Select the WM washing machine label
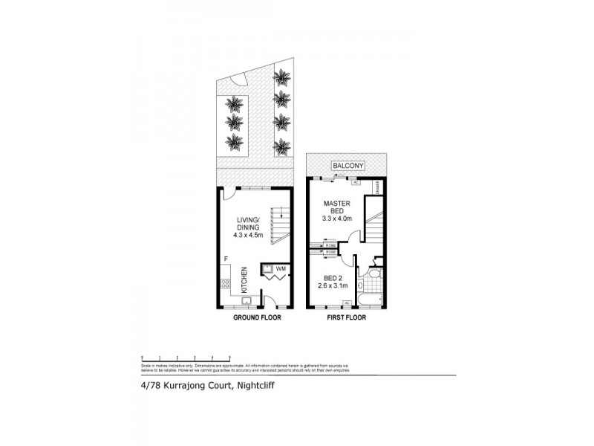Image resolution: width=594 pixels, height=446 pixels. (281, 268)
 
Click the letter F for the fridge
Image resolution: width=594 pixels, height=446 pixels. (226, 258)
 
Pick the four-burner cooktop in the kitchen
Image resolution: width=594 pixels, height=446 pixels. (226, 283)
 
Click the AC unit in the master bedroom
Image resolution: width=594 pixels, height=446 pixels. (355, 181)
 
